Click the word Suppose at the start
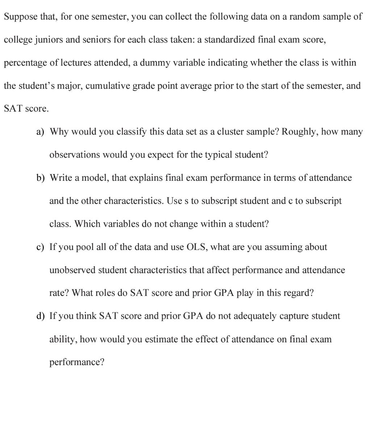(20, 17)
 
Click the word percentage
(25, 63)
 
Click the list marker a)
(41, 132)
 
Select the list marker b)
(41, 178)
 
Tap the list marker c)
(41, 247)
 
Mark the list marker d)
(41, 316)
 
